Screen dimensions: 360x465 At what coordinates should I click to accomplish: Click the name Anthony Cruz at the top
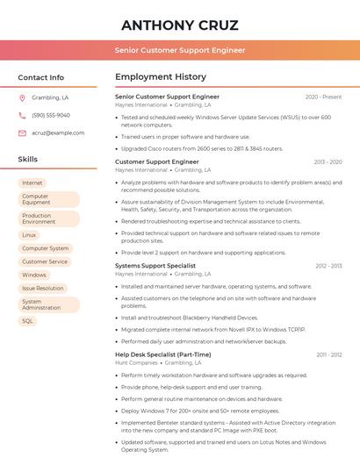click(x=180, y=25)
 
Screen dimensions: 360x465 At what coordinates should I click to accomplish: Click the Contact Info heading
click(x=41, y=77)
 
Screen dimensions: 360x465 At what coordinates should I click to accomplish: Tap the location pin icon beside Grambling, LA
click(x=23, y=98)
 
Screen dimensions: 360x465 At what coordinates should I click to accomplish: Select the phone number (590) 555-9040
click(x=51, y=116)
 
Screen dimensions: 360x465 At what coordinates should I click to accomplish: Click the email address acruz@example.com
click(x=58, y=133)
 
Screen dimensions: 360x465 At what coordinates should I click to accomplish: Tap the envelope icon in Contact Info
click(x=23, y=133)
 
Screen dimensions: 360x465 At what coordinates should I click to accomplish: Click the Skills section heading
click(x=28, y=160)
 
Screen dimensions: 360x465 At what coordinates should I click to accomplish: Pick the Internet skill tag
click(x=32, y=182)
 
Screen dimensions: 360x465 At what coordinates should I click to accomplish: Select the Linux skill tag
click(x=30, y=235)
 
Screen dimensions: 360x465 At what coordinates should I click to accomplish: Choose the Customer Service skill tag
click(x=45, y=261)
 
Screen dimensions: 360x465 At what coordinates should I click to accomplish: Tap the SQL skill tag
click(x=27, y=321)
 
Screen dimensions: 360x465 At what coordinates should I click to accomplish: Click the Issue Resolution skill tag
click(x=43, y=288)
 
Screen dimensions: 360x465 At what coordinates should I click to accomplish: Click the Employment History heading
click(x=161, y=77)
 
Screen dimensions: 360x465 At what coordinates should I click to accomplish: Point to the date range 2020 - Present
click(x=323, y=97)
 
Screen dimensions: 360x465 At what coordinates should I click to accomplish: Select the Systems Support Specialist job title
click(x=155, y=265)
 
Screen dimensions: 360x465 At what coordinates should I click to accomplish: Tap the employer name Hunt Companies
click(x=136, y=361)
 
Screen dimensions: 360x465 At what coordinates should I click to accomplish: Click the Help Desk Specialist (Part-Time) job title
click(x=163, y=354)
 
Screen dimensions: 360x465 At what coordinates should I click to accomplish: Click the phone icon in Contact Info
click(x=23, y=116)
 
